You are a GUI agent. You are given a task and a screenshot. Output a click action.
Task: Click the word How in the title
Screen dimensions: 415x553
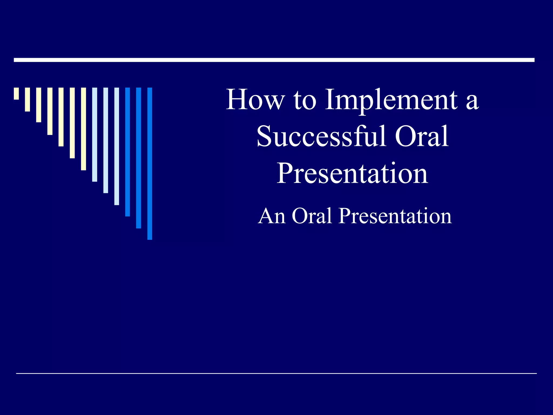(255, 100)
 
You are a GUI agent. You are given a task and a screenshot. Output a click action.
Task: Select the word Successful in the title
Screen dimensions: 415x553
(321, 136)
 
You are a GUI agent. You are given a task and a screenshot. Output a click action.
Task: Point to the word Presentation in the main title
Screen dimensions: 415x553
(352, 173)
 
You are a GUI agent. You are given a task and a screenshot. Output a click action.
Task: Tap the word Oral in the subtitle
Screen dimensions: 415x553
(312, 216)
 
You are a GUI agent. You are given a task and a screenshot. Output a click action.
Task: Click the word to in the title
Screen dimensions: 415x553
(305, 100)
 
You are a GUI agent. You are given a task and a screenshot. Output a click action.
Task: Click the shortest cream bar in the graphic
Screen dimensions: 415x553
(16, 93)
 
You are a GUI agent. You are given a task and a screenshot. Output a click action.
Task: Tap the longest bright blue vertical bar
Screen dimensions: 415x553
(150, 163)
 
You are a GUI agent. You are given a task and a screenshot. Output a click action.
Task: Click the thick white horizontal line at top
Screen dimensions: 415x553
(274, 60)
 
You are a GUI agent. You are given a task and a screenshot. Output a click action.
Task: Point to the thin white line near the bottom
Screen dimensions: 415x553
(276, 373)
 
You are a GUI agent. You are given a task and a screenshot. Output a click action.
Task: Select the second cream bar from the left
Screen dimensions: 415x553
(27, 99)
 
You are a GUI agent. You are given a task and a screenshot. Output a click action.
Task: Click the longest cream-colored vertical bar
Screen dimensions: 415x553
(83, 129)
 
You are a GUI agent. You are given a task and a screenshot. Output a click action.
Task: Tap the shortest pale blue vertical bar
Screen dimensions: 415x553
(95, 135)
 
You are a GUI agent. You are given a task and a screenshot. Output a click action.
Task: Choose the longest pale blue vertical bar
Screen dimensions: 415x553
(117, 146)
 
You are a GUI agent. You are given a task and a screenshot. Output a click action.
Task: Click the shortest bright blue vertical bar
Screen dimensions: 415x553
(127, 152)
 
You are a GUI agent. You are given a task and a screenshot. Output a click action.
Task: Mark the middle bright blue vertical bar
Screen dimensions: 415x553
(139, 158)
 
